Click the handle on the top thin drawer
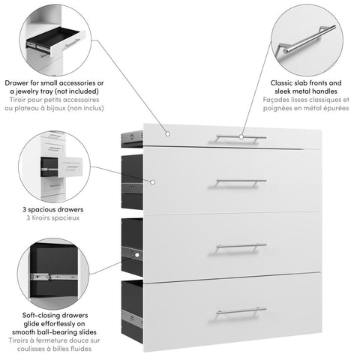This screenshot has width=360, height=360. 225,137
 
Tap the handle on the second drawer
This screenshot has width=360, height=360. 241,181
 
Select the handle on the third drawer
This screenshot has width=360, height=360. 241,245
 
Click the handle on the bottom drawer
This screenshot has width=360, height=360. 241,310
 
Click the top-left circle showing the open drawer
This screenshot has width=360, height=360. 54,39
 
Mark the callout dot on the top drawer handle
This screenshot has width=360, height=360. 241,137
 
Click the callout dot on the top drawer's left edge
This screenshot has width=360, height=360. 168,134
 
